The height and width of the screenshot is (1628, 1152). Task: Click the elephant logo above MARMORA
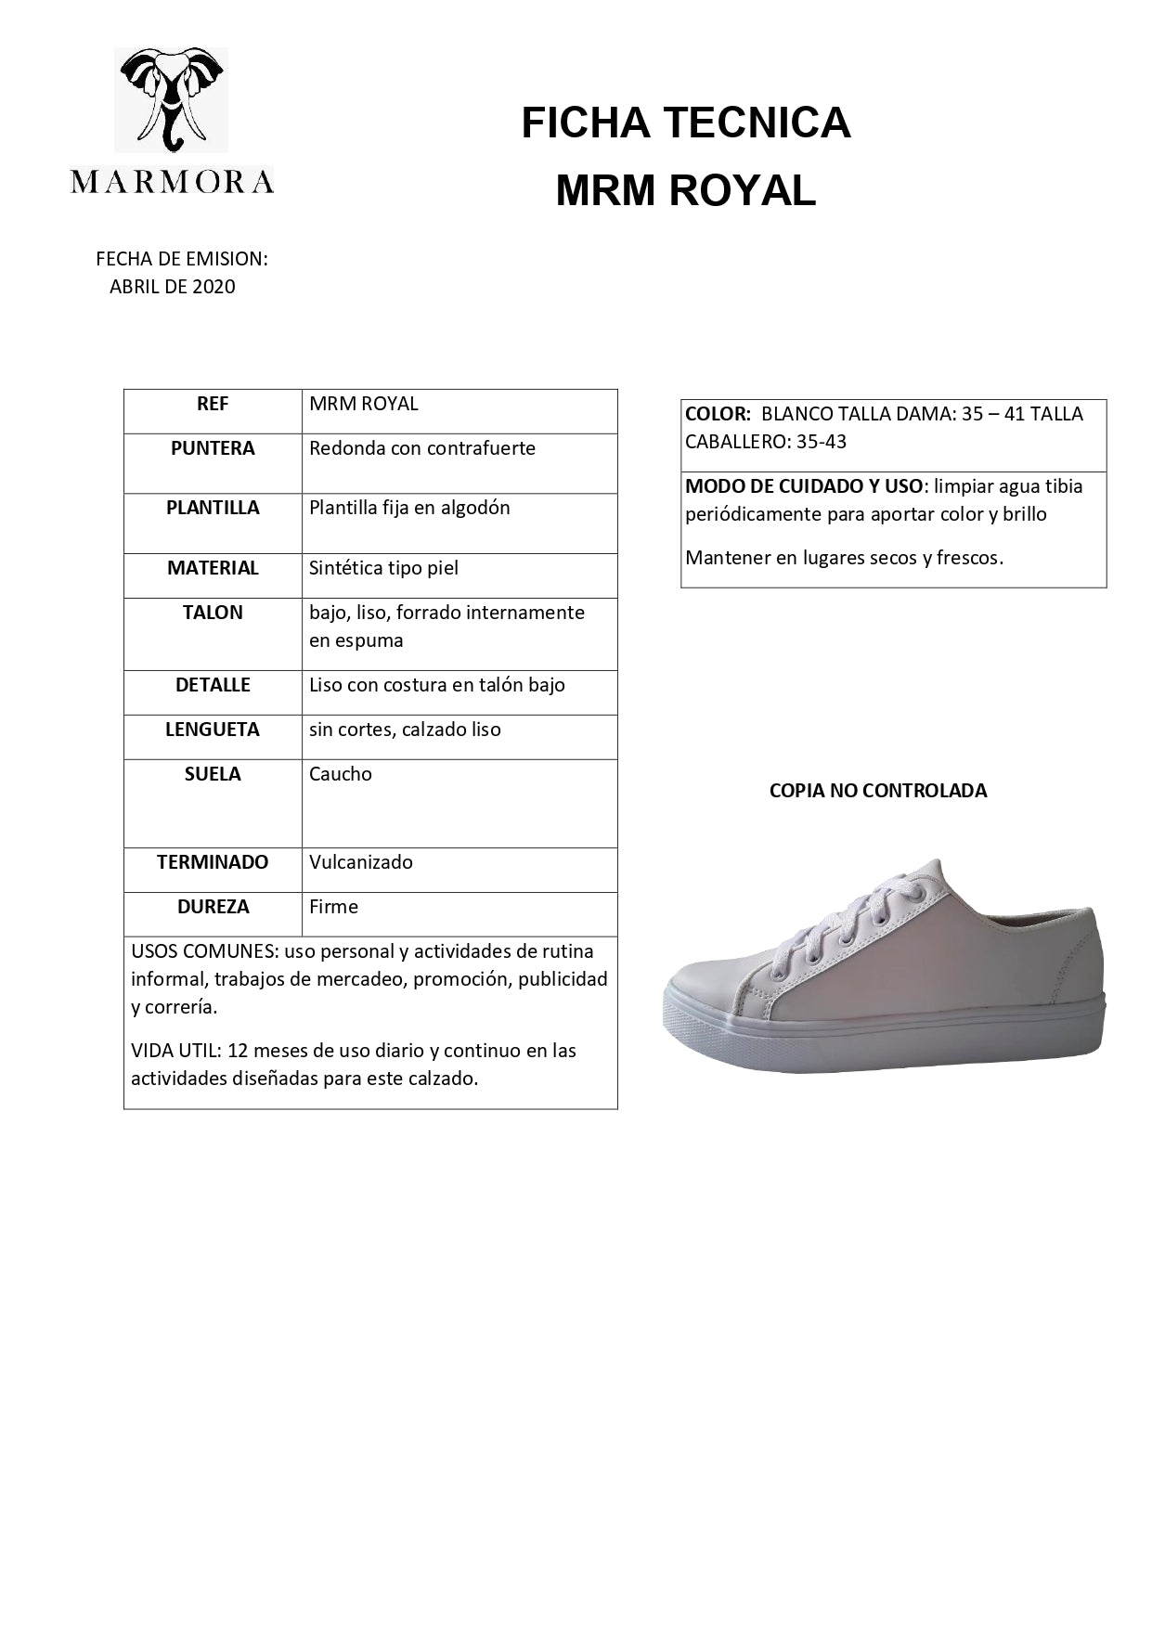[x=172, y=99]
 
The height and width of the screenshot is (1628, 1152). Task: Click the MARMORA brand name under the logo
[x=172, y=181]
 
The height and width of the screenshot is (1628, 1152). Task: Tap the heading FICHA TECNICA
[x=685, y=123]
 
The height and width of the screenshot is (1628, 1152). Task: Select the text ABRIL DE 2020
[x=173, y=287]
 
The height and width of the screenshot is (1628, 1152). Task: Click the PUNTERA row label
[x=213, y=448]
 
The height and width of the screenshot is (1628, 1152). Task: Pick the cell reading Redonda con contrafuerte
[x=422, y=448]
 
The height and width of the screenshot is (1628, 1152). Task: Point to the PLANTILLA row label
[x=213, y=508]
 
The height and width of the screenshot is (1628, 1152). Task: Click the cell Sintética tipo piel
[x=383, y=568]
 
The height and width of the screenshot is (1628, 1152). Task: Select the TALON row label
[x=213, y=613]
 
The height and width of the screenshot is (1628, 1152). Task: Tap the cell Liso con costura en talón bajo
[x=437, y=685]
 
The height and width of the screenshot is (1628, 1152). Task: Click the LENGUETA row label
[x=213, y=730]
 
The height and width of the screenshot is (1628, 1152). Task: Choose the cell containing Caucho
[x=341, y=774]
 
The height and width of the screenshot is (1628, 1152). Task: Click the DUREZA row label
[x=213, y=907]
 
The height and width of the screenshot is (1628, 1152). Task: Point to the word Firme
[x=333, y=907]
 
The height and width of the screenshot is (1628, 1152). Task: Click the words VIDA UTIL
[x=174, y=1051]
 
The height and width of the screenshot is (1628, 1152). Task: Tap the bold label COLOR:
[x=717, y=414]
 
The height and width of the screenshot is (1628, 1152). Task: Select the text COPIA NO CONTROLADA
[x=878, y=791]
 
